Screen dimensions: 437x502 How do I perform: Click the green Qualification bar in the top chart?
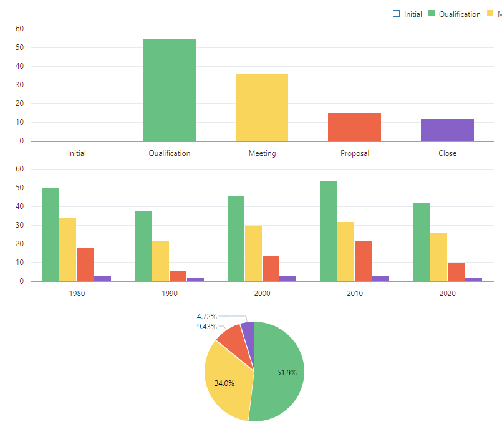[169, 90]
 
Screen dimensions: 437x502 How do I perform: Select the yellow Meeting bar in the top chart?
[262, 107]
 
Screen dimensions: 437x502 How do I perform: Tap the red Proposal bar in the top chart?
[354, 127]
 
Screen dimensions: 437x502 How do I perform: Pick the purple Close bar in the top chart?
[447, 130]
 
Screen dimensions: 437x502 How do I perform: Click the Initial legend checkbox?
[396, 14]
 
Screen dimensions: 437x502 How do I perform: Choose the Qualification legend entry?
[460, 14]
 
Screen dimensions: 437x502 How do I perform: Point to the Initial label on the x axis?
[77, 153]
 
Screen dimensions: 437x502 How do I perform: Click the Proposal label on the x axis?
[355, 153]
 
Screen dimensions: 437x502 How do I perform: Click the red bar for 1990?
[178, 276]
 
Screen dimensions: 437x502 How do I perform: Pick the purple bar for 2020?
[474, 279]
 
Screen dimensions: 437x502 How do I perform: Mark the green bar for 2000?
[236, 238]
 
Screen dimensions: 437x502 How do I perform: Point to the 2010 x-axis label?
[355, 293]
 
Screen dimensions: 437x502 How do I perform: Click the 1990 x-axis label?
[170, 293]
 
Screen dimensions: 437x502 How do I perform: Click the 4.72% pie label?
[206, 317]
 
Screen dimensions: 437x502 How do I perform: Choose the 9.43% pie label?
[206, 326]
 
